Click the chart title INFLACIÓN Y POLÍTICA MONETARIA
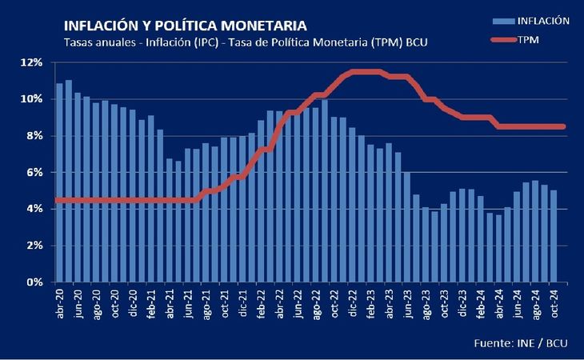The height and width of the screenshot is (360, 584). point(186,26)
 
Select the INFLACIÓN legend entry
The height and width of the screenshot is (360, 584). point(530,22)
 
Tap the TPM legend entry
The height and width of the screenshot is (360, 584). point(515,40)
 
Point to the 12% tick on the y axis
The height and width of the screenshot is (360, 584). point(32,62)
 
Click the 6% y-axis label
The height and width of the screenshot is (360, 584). point(34,172)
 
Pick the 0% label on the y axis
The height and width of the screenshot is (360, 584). point(34,282)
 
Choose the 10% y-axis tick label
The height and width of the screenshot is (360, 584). point(32,99)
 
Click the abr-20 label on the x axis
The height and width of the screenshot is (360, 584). point(59,304)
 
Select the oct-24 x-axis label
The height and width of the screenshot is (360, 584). point(554,304)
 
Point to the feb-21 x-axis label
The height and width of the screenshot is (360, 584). point(151,304)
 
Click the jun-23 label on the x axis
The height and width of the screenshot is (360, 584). point(407,304)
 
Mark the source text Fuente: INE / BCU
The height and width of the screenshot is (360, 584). point(521,343)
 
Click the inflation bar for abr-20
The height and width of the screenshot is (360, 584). point(59,182)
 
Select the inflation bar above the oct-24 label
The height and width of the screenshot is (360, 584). point(554,236)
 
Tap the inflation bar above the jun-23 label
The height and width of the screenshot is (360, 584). point(407,227)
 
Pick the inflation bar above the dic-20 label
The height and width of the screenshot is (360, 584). point(133,196)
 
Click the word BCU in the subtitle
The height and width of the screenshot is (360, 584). point(416,42)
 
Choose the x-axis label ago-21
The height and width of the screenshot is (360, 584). point(206,304)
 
